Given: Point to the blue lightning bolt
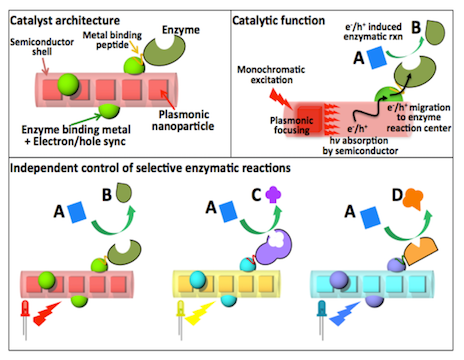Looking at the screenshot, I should [349, 318].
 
